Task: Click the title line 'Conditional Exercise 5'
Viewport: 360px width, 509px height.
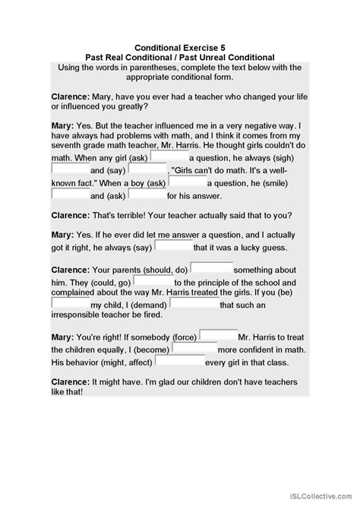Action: [180, 46]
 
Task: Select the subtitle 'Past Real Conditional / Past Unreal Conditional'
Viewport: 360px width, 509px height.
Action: [180, 56]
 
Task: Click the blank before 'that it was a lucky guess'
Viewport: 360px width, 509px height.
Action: [173, 245]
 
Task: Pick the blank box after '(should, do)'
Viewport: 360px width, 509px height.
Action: [210, 267]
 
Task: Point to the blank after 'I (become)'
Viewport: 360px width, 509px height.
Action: [194, 349]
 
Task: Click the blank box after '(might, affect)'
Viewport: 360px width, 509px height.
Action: [179, 362]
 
